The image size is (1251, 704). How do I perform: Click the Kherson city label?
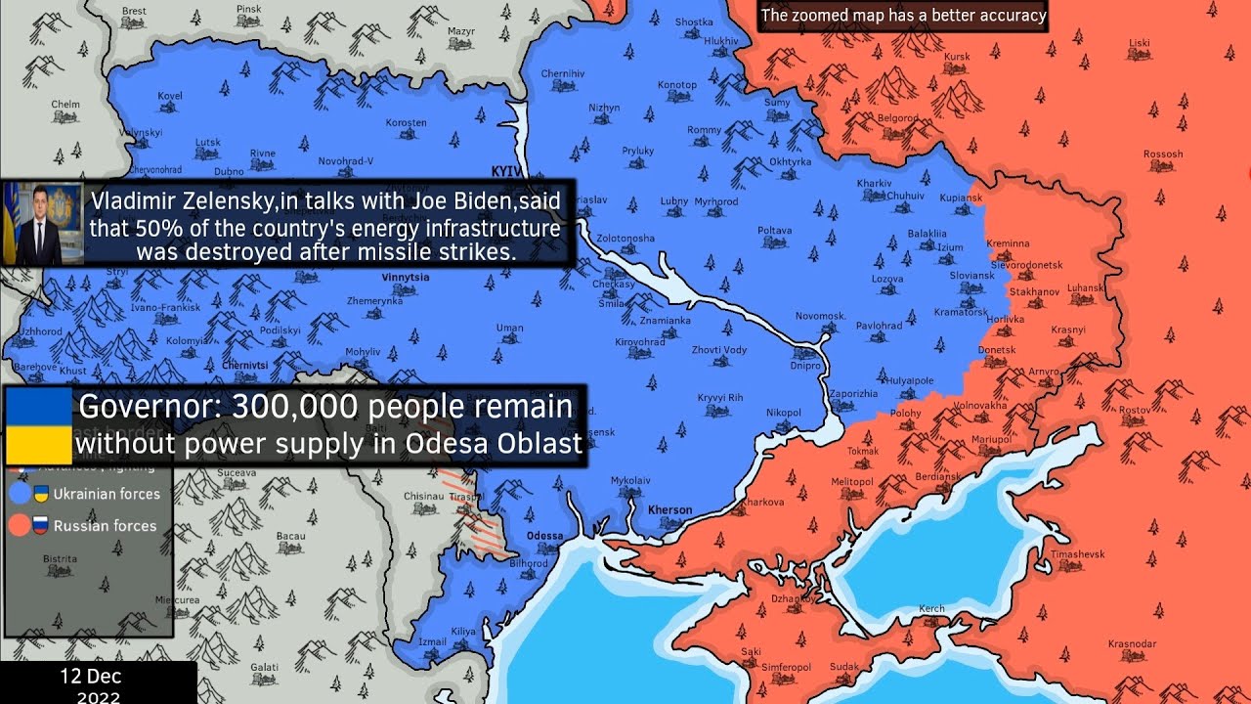669,510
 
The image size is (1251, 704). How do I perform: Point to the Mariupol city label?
991,439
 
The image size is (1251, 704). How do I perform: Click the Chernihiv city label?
562,73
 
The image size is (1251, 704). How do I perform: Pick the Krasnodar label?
1132,643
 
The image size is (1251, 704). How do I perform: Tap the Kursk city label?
957,57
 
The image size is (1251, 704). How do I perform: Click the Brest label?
134,11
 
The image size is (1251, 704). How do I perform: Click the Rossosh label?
1163,154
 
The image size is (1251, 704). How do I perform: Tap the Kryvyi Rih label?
720,397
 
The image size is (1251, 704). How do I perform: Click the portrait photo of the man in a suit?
42,224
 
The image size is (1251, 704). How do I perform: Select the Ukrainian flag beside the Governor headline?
38,425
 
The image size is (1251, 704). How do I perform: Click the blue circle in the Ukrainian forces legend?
20,494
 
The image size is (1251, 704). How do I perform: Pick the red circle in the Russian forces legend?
20,526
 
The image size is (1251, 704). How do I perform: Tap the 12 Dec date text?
90,677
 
